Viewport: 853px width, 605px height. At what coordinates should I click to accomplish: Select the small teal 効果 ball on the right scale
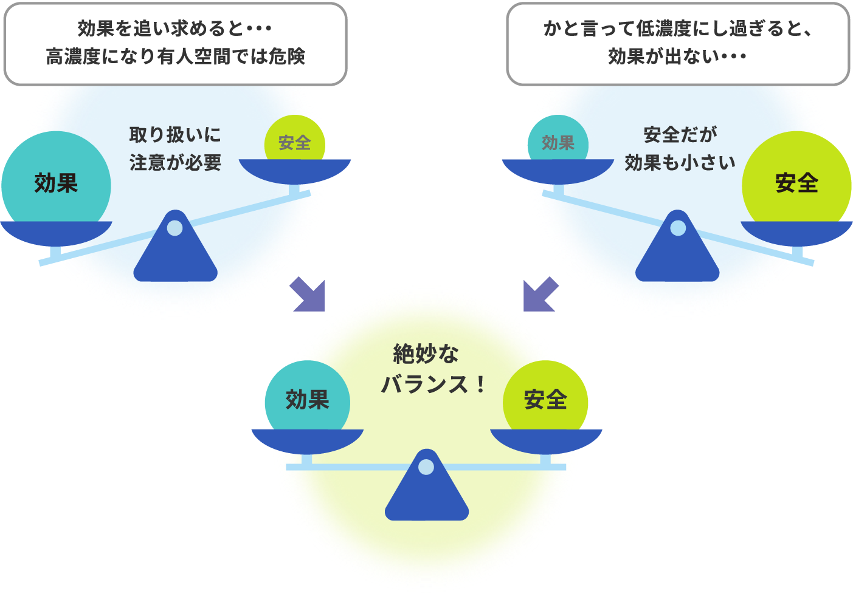pos(558,142)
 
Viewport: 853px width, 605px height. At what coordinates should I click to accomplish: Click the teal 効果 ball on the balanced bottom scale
pos(307,400)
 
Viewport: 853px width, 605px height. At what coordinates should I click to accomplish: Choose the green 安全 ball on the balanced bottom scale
pos(545,400)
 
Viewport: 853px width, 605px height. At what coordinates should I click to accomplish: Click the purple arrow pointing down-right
pos(309,295)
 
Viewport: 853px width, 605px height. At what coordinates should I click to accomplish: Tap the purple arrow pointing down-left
pos(540,295)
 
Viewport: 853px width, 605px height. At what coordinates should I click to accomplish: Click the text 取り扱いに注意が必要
pos(175,149)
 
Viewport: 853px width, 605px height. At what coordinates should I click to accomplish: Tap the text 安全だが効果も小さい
pos(680,149)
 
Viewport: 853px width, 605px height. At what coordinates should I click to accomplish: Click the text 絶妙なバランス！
pos(433,369)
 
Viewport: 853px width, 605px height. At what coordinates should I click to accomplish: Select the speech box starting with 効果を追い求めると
pos(175,44)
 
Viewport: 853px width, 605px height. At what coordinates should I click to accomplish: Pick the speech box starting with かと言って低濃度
pos(677,44)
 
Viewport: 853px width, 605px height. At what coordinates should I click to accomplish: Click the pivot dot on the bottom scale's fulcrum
pos(427,467)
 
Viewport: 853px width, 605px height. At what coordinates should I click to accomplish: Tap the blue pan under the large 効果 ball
pos(56,232)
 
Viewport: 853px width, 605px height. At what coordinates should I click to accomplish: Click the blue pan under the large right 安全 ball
pos(796,232)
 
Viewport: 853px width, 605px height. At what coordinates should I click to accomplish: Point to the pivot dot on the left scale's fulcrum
pos(175,228)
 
